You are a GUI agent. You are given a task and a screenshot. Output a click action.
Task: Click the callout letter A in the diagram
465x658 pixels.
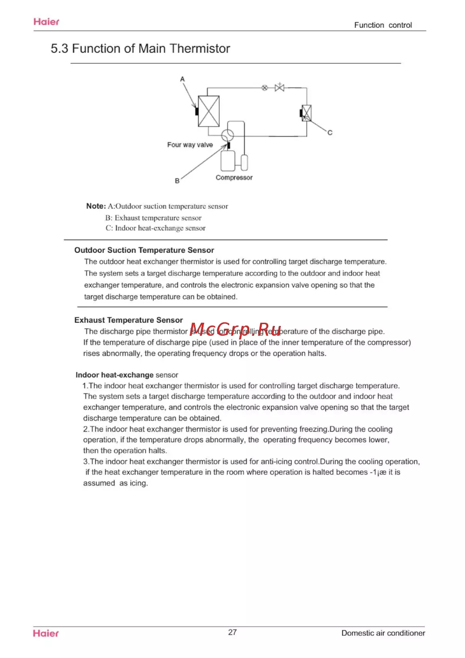coord(182,79)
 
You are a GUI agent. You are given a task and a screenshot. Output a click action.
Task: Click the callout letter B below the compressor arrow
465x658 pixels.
coord(177,181)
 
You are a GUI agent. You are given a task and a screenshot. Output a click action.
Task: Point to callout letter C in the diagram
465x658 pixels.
coord(330,133)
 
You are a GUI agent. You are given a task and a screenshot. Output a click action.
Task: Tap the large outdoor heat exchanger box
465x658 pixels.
coord(209,111)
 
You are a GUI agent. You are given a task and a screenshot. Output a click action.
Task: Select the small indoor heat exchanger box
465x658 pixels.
coord(306,113)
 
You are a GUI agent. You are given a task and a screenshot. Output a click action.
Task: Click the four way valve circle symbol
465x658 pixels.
coord(227,135)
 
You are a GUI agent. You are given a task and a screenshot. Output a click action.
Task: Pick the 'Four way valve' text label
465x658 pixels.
coord(190,145)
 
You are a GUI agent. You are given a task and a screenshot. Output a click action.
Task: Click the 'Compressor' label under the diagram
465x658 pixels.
coord(234,178)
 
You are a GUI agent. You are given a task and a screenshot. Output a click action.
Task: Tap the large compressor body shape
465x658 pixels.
coord(228,160)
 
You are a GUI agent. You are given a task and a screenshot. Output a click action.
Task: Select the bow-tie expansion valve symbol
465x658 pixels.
coord(279,87)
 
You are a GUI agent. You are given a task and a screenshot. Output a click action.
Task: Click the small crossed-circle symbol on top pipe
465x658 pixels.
coord(265,87)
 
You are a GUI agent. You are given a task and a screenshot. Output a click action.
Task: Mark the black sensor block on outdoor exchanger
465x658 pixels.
coord(197,112)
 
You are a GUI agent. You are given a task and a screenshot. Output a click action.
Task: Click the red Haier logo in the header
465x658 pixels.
coord(46,22)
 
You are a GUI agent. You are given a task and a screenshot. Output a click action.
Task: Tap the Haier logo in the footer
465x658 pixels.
coord(46,633)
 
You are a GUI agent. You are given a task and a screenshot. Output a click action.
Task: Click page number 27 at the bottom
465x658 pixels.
coord(232,632)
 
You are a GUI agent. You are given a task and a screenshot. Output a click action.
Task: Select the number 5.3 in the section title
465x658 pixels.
coord(59,49)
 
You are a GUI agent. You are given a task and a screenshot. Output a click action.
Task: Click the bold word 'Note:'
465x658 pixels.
coord(96,206)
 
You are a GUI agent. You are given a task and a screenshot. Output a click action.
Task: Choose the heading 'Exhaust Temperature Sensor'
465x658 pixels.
coord(128,320)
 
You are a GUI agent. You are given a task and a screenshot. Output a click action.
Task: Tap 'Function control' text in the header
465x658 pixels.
coord(383,25)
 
